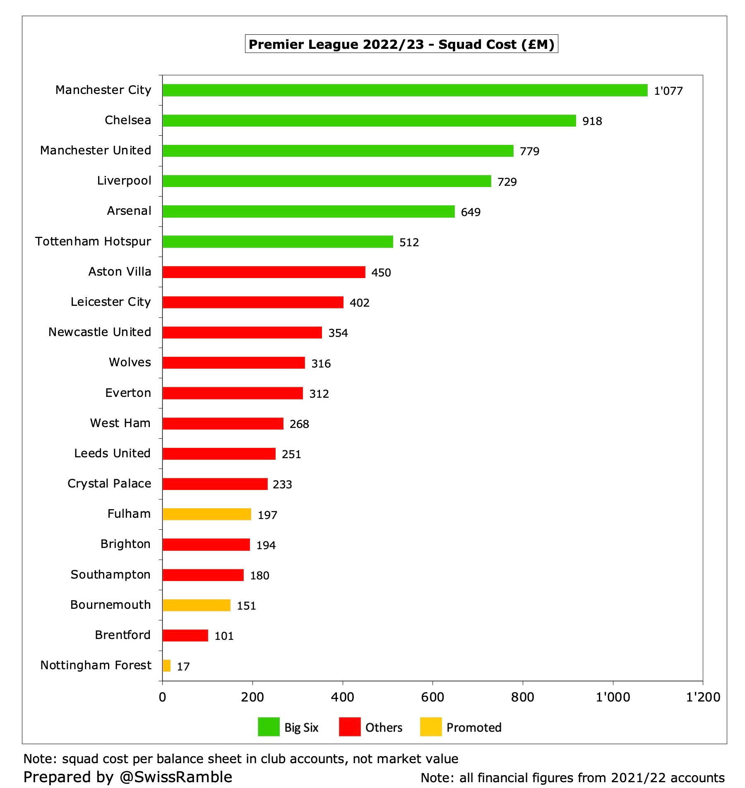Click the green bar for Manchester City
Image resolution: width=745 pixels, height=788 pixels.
[x=405, y=90]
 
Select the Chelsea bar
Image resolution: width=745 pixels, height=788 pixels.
[x=369, y=120]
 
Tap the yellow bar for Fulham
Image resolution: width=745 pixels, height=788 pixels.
[x=207, y=514]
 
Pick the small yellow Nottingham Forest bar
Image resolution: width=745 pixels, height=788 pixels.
[x=166, y=665]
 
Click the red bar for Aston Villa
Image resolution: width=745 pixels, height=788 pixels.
[x=264, y=272]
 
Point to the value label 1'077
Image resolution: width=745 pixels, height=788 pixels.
[x=668, y=91]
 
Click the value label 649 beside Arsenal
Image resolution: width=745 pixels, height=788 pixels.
[x=471, y=212]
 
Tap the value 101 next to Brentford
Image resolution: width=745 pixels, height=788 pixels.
[x=224, y=636]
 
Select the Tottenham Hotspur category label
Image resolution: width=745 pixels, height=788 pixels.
[x=93, y=241]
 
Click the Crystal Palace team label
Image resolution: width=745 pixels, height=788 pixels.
[x=109, y=483]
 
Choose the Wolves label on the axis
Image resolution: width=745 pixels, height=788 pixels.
[x=130, y=362]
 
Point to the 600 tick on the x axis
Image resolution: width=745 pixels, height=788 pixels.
[x=433, y=697]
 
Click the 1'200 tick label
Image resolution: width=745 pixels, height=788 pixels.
[x=703, y=697]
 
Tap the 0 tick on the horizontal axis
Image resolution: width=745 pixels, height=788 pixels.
[x=162, y=697]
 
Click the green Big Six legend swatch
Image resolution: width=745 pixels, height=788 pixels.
[x=269, y=727]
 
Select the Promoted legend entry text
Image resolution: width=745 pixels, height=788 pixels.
[x=474, y=728]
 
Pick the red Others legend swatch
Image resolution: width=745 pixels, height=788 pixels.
[x=349, y=727]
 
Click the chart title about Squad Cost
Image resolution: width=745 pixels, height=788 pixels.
[x=401, y=44]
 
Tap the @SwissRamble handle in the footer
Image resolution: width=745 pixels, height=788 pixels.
[x=176, y=777]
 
